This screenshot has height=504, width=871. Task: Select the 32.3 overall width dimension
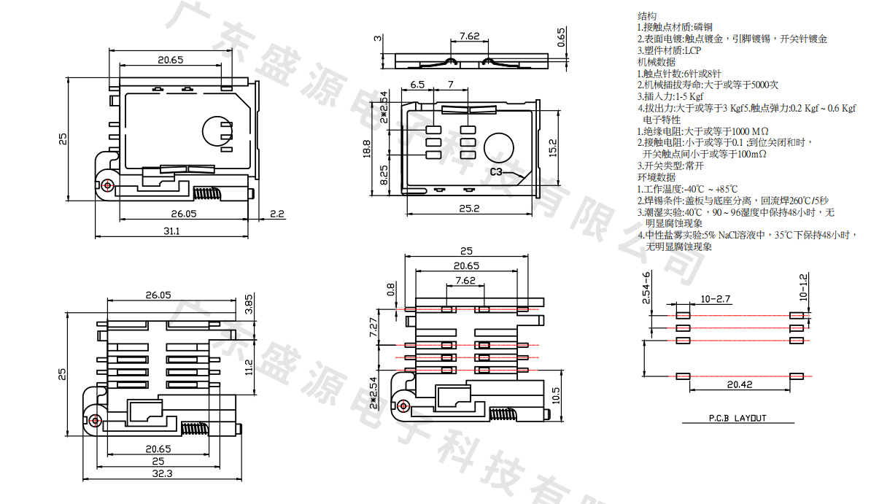(x=163, y=473)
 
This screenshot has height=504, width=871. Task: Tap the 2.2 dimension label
(x=277, y=214)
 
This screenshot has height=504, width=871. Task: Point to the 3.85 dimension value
(x=249, y=303)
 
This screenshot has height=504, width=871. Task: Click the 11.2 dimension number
(x=249, y=367)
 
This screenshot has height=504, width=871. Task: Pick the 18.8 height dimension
(x=367, y=148)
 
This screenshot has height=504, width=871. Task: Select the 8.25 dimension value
(x=384, y=176)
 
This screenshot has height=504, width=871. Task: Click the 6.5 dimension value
(x=417, y=85)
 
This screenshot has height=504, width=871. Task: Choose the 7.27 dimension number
(x=375, y=328)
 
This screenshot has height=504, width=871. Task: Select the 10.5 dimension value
(x=557, y=395)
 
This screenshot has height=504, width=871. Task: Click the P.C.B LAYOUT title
(x=738, y=419)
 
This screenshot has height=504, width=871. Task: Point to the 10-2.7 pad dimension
(x=716, y=299)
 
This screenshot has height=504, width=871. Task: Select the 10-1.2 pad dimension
(x=804, y=287)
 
